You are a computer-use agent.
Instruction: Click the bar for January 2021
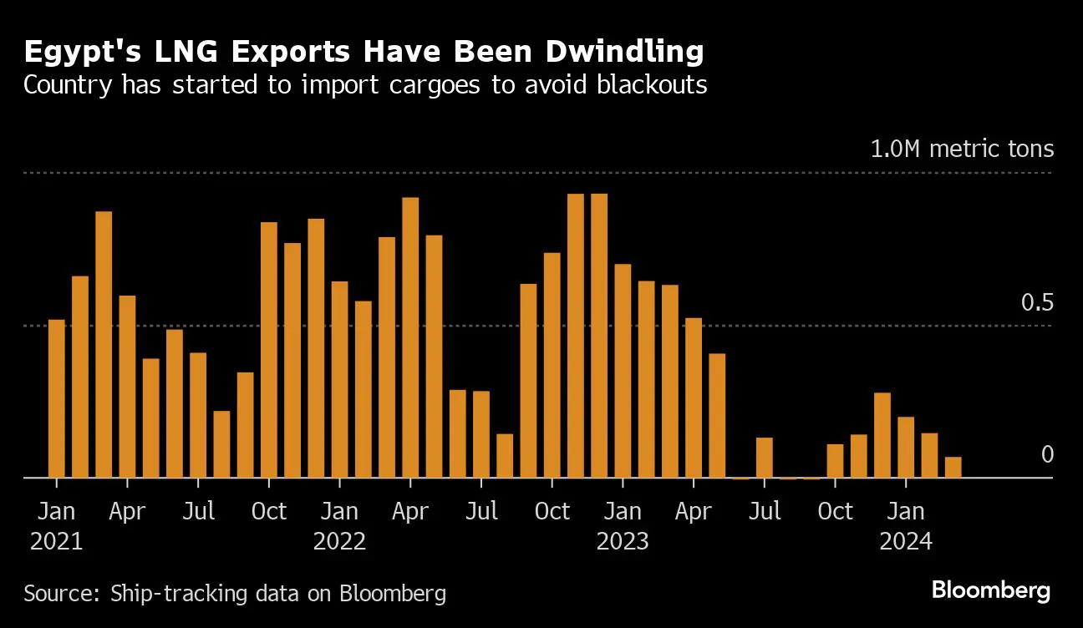coord(56,399)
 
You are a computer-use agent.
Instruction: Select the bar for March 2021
coord(104,345)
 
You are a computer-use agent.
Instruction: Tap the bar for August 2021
coord(221,444)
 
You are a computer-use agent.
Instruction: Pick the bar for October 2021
coord(269,350)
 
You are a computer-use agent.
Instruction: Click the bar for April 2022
coord(410,337)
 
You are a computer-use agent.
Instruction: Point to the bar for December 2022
coord(599,336)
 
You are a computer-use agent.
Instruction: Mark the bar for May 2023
coord(717,416)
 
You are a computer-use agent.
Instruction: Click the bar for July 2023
coord(764,458)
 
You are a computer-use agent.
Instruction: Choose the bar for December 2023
coord(882,435)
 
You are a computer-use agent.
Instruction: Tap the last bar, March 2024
coord(953,468)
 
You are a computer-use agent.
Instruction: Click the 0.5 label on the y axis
coord(1037,303)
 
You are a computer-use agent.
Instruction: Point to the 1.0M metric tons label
coord(962,149)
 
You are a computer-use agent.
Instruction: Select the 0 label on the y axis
coord(1047,455)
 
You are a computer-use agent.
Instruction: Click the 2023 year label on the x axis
coord(623,542)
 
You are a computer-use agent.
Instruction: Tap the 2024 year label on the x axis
coord(906,542)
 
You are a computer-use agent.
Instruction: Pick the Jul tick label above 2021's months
coord(198,511)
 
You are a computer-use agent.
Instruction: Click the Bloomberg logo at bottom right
coord(990,591)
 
